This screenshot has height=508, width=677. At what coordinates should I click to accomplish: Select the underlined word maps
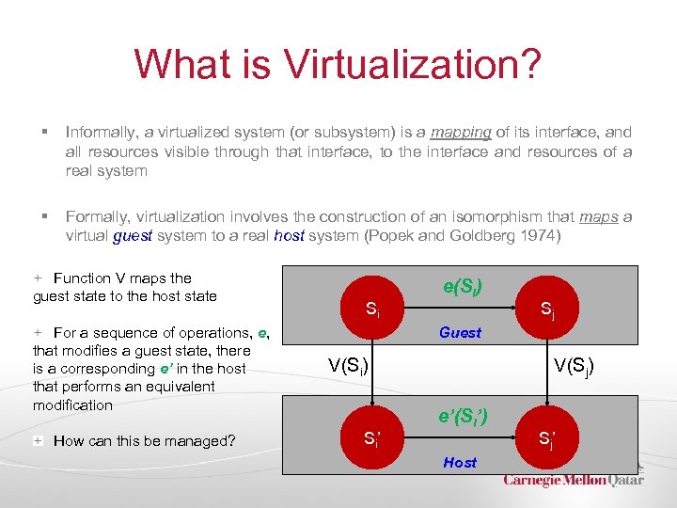tap(599, 216)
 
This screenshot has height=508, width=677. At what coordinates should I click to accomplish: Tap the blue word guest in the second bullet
tap(132, 235)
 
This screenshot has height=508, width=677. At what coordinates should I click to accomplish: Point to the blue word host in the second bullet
tap(290, 235)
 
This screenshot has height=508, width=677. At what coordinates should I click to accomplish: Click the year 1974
tap(539, 235)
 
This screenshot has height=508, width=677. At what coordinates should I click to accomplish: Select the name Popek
tap(388, 235)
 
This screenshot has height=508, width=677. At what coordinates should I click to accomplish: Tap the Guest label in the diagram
tap(460, 332)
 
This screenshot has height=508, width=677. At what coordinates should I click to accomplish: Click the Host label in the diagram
tap(460, 462)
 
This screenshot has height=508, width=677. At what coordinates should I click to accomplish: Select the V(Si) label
tap(348, 365)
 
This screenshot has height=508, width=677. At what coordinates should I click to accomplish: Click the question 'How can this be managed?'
tap(144, 441)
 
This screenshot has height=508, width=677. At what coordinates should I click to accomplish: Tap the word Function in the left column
tap(82, 278)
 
